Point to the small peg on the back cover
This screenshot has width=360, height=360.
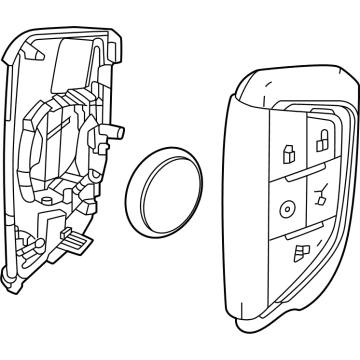pos(116,130)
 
